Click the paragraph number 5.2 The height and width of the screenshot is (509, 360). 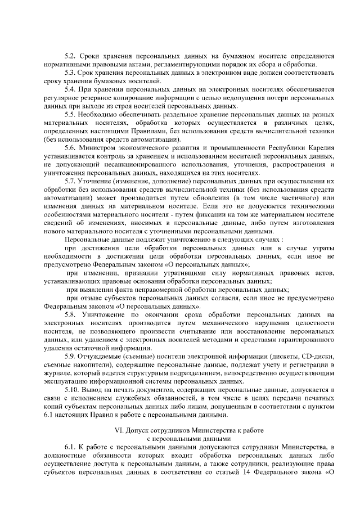70,57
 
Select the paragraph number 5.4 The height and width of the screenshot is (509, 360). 70,89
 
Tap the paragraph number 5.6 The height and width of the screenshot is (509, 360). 70,148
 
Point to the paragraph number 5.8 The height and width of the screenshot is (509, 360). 70,314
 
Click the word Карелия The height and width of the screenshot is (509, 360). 319,148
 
